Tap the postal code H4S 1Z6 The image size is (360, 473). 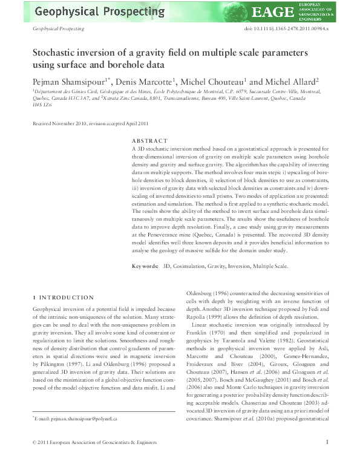click(x=41, y=104)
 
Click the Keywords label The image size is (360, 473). click(x=145, y=267)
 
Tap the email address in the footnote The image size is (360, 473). click(x=76, y=435)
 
